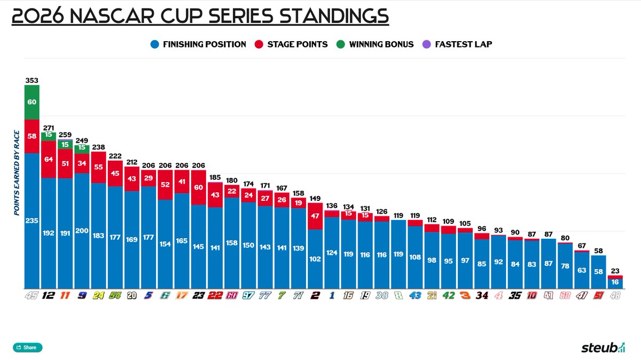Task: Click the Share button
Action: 27,348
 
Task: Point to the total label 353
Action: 32,81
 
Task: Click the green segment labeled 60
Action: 32,102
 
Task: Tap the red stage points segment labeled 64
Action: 49,159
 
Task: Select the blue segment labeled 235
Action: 32,221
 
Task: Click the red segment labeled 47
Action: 315,216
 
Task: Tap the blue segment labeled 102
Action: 315,259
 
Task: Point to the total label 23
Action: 615,271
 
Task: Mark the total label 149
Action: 315,198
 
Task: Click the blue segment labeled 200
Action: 82,231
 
